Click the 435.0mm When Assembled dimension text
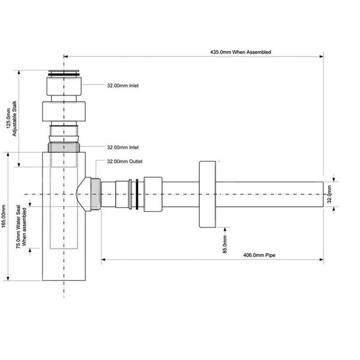[241, 52]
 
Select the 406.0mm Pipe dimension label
[259, 255]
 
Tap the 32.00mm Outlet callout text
[125, 161]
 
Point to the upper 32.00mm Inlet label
[123, 86]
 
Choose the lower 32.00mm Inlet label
[123, 148]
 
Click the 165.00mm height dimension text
[4, 216]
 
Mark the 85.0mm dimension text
[225, 244]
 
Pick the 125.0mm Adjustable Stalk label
[11, 118]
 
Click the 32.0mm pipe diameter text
[329, 194]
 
